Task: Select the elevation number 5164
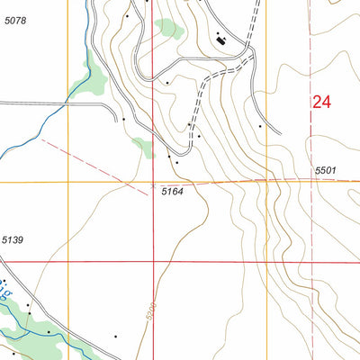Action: [x=173, y=192]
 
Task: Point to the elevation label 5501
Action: [x=325, y=171]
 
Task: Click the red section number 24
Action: [x=321, y=103]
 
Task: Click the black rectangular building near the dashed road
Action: [x=221, y=38]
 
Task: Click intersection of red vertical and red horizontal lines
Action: [x=154, y=262]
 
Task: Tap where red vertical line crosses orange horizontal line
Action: [x=154, y=182]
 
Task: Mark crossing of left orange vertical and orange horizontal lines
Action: [x=68, y=182]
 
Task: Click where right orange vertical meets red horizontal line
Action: [x=267, y=262]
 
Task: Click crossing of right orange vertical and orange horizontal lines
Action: [x=267, y=181]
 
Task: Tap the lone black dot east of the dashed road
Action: [x=260, y=126]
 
